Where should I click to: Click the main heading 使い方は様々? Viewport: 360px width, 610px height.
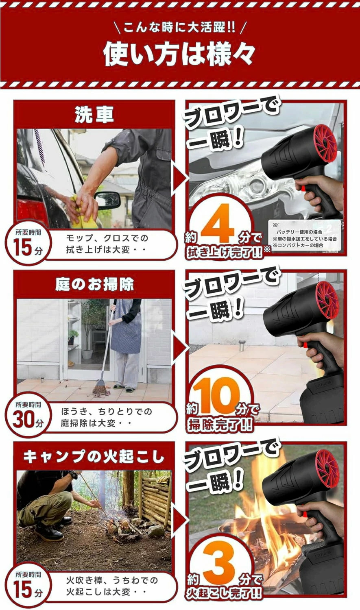click(179, 54)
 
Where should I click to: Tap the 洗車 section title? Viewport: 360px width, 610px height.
click(94, 115)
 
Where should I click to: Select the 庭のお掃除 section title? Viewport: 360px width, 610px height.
click(94, 285)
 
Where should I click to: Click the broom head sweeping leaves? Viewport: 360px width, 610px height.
click(100, 388)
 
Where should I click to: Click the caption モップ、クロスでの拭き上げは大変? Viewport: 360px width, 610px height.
click(107, 244)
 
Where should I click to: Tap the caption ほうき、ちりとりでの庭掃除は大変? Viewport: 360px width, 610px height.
click(106, 417)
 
